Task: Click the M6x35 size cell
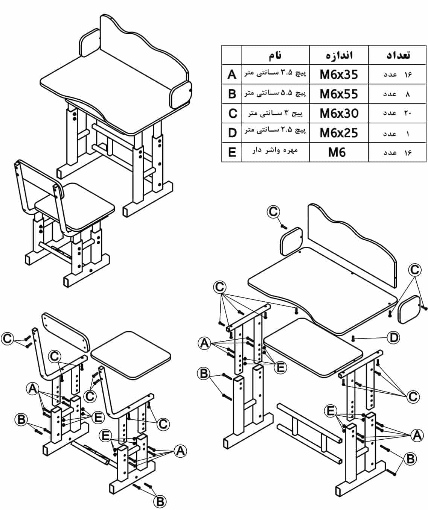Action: [x=338, y=74]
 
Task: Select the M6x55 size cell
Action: [x=338, y=94]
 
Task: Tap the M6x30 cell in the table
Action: [x=338, y=113]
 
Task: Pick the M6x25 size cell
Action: [x=338, y=133]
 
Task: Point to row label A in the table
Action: [x=232, y=74]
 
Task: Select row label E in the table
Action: [x=232, y=152]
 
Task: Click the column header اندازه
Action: [x=339, y=55]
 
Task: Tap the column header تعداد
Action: [x=398, y=55]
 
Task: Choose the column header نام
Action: [x=275, y=55]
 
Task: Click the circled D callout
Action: [x=393, y=338]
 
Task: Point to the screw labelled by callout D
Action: [x=353, y=338]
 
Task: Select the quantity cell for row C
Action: [x=397, y=113]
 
